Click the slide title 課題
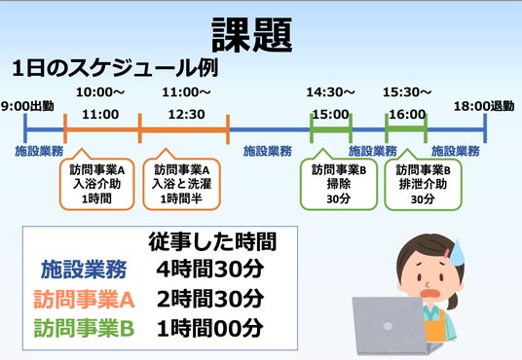coord(252,35)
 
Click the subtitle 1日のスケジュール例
coord(115,68)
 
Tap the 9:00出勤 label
coord(27,106)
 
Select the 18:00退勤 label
coord(484,106)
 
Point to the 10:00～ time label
coord(100,92)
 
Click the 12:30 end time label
coord(186,115)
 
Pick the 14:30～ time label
coord(330,92)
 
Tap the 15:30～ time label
coord(407,92)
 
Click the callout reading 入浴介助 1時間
coord(96,184)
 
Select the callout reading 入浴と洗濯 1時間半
coord(182,184)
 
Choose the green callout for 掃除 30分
coord(339,184)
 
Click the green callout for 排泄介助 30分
coord(423,184)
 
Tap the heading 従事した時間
coord(212,241)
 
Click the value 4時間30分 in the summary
coord(210,270)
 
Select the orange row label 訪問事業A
coord(84,299)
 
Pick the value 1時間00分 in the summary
coord(210,329)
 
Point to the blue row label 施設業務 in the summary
coord(84,270)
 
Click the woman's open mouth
coord(431,294)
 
